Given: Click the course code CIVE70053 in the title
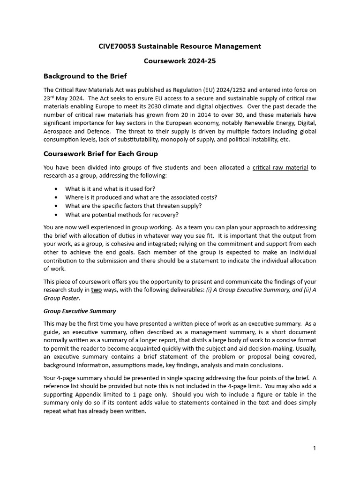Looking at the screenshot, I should coord(118,46).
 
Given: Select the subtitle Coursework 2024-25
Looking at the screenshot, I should coord(180,61).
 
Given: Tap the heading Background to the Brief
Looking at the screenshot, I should coord(85,76).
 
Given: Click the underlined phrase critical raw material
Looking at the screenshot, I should coord(280,167).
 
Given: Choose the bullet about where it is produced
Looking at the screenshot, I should coord(141,197).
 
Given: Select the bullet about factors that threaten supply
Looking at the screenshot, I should coord(134,206).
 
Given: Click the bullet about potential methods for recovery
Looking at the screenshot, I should coord(122,215).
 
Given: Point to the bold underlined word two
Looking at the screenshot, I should coord(96,290).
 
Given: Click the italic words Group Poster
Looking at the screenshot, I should coord(61,298).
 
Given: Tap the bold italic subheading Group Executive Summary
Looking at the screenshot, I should coord(80,311).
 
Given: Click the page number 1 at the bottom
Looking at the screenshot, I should coord(315,448).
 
